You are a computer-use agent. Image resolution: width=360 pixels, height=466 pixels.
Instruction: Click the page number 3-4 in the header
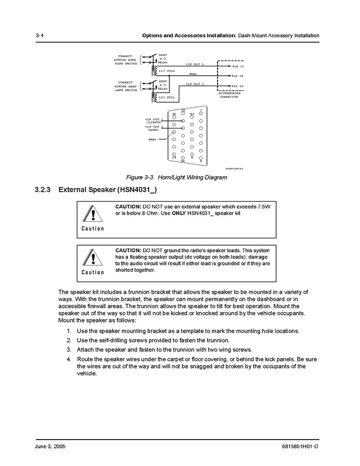click(x=39, y=35)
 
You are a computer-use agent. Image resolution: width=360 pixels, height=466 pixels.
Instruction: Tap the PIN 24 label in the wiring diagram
click(x=238, y=76)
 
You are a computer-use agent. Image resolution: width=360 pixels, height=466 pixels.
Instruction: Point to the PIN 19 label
click(x=238, y=86)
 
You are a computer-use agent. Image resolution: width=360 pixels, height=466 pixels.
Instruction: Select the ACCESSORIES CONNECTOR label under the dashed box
click(x=229, y=95)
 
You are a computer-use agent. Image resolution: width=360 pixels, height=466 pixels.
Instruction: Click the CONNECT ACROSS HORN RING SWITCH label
click(x=125, y=60)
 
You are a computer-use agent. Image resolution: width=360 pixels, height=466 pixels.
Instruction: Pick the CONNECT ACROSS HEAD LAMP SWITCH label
click(x=125, y=86)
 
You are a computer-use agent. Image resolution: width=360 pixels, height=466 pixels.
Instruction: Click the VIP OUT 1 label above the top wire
click(x=195, y=64)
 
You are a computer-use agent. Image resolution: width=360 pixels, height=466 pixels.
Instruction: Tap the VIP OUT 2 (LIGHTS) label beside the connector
click(x=154, y=120)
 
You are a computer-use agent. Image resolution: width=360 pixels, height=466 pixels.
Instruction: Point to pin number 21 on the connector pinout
click(x=175, y=158)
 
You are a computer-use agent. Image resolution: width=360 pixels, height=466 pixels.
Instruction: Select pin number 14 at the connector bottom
click(x=183, y=161)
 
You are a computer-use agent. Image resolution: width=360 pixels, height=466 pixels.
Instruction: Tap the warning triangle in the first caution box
click(x=93, y=214)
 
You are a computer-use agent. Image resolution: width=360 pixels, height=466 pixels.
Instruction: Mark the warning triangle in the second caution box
click(x=93, y=258)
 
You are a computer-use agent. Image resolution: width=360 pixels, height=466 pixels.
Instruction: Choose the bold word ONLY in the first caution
click(x=178, y=213)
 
